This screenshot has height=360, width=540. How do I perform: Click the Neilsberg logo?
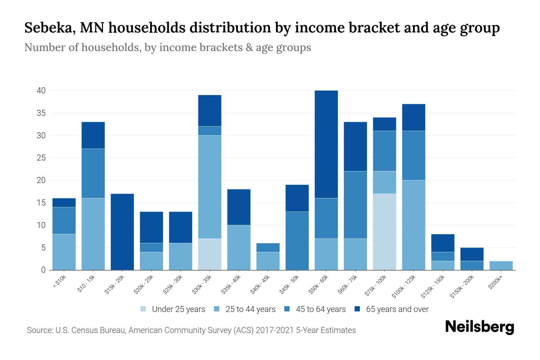pyautogui.click(x=479, y=327)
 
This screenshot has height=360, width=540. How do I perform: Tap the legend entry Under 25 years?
pyautogui.click(x=178, y=309)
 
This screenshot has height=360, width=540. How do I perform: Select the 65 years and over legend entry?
pyautogui.click(x=397, y=309)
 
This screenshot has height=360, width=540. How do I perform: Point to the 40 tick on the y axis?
pyautogui.click(x=41, y=90)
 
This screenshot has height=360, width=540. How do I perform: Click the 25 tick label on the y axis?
pyautogui.click(x=41, y=158)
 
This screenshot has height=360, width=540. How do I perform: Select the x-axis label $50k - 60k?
pyautogui.click(x=319, y=284)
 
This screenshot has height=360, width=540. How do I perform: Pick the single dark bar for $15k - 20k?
pyautogui.click(x=122, y=232)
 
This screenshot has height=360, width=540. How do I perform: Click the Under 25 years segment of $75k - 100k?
pyautogui.click(x=384, y=232)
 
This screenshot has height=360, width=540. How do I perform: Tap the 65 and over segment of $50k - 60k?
pyautogui.click(x=326, y=144)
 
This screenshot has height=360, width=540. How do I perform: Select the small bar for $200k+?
pyautogui.click(x=501, y=265)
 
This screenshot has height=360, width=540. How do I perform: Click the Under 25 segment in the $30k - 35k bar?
pyautogui.click(x=210, y=254)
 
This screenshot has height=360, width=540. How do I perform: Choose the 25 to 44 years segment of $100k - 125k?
pyautogui.click(x=413, y=225)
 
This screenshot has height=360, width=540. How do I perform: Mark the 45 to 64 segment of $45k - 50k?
pyautogui.click(x=297, y=241)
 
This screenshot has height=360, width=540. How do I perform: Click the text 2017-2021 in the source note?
pyautogui.click(x=275, y=330)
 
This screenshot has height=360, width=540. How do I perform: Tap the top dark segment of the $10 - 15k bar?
pyautogui.click(x=93, y=135)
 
